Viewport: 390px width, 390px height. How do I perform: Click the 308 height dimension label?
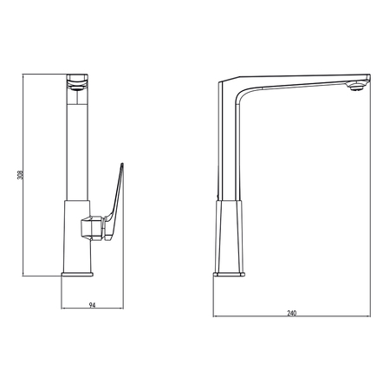pos(20,174)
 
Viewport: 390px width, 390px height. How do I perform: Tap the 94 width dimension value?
pos(92,305)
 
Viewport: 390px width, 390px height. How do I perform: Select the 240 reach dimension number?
pos(292,313)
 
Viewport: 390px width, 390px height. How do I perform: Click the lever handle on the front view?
pos(114,202)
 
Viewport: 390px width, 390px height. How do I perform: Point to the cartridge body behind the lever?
pos(92,228)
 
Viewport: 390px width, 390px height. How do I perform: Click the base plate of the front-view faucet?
pos(77,274)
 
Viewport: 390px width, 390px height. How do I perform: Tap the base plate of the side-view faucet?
pos(229,274)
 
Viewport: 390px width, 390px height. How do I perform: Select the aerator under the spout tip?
pos(356,87)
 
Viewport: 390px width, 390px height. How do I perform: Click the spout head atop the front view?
pos(77,82)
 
